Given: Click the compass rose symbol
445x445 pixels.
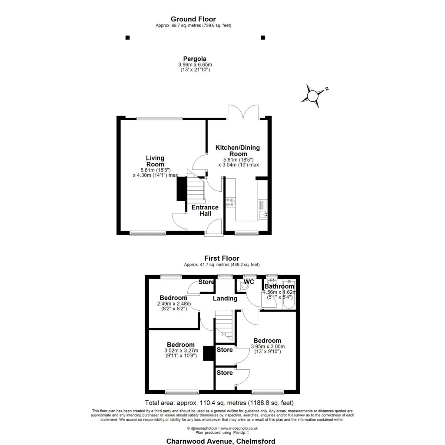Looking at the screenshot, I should (313, 96).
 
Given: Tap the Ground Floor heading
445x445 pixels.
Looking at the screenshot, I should (193, 19).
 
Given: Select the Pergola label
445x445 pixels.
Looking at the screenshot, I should (194, 59).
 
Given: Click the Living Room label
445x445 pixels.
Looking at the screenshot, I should (155, 161).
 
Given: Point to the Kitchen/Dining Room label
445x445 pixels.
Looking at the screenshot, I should (238, 151).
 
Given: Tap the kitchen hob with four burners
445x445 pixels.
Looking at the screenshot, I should (230, 202).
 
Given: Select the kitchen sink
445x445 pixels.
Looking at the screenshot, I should (262, 214).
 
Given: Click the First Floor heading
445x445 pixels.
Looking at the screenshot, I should (222, 258).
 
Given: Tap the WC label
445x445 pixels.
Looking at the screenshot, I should (249, 282).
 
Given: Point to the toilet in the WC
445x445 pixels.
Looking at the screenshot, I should (243, 286).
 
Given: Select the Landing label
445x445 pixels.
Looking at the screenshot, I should (225, 299).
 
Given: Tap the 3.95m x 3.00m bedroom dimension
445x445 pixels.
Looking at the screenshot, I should (268, 346).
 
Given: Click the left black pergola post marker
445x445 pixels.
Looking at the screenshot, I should (127, 38).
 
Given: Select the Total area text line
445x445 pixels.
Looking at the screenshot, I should (222, 403).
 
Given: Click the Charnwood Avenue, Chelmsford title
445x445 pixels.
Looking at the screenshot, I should (221, 441).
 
